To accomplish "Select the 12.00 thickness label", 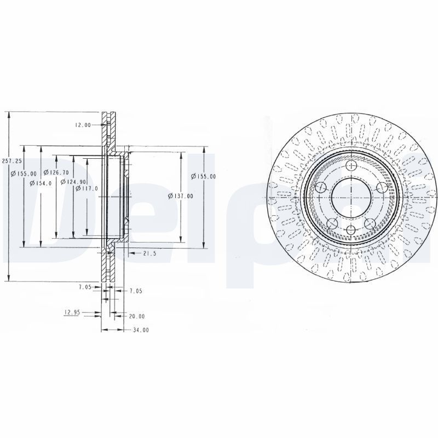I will click(83, 125).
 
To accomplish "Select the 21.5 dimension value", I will click(149, 253).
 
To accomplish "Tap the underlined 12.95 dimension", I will click(72, 313).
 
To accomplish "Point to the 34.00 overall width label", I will click(141, 330).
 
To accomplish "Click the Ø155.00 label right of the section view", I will click(203, 176).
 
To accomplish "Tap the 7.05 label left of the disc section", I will click(85, 287).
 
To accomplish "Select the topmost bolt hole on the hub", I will click(350, 165).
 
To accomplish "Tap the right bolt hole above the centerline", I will click(381, 188).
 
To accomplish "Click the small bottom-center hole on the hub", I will click(350, 229).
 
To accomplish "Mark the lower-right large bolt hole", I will click(370, 223).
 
